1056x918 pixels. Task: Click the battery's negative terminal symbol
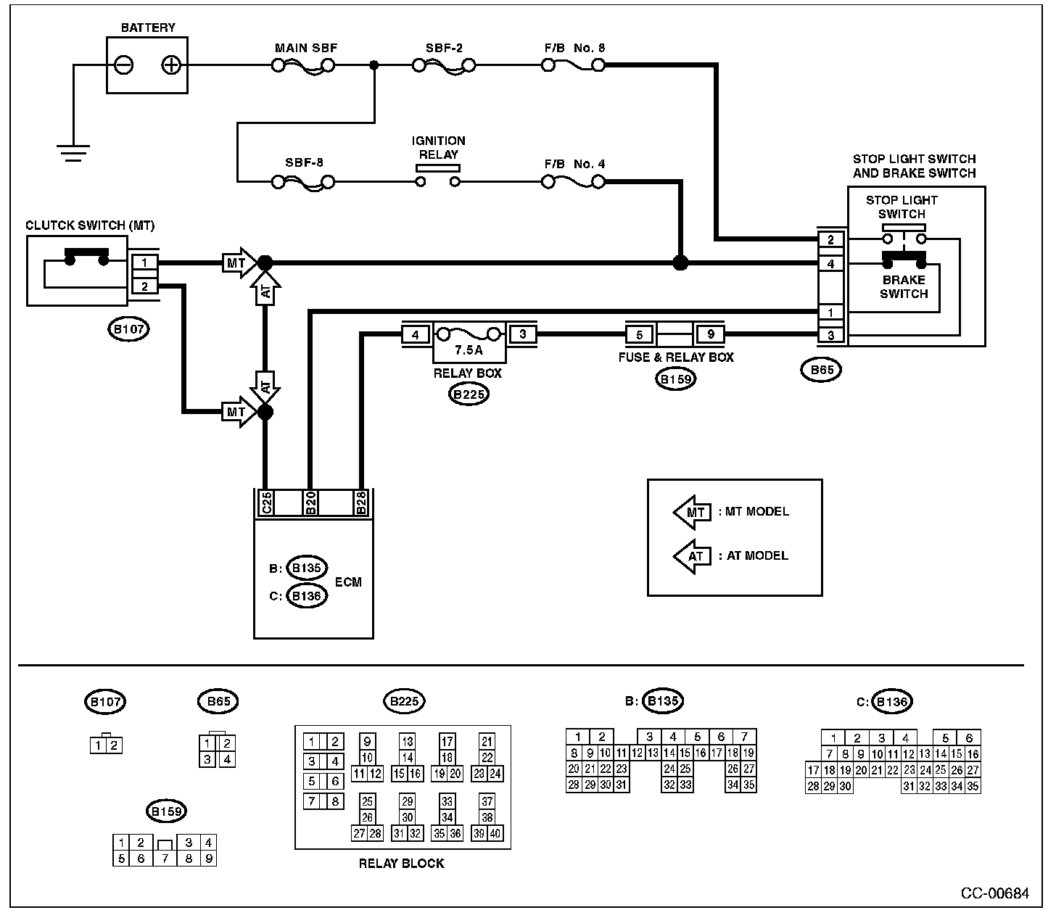[x=123, y=65]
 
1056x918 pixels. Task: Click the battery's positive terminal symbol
[x=171, y=65]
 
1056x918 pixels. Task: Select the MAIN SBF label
[x=306, y=48]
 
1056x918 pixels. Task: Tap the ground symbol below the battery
[x=73, y=153]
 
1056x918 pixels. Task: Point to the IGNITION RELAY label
[x=438, y=148]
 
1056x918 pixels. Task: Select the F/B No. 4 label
[x=574, y=164]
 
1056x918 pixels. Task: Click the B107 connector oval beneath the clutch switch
[x=128, y=329]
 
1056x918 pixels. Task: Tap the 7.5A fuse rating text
[x=469, y=350]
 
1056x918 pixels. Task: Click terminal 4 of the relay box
[x=416, y=335]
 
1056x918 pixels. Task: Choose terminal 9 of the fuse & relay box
[x=711, y=334]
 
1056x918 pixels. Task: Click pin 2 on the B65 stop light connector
[x=830, y=239]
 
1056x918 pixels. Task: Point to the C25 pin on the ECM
[x=266, y=503]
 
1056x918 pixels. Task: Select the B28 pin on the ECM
[x=361, y=503]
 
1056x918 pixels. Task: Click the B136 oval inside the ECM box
[x=307, y=596]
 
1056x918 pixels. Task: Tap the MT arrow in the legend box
[x=693, y=513]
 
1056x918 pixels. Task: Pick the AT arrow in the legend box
[x=693, y=556]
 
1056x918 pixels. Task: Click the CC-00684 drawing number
[x=994, y=893]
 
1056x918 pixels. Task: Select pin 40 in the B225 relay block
[x=495, y=833]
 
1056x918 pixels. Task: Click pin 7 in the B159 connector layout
[x=165, y=858]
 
